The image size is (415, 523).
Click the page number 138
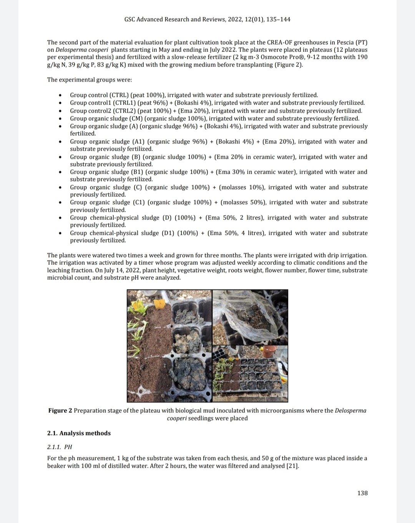(362, 493)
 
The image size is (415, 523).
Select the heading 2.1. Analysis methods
(79, 433)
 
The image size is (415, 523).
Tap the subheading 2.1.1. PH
(60, 447)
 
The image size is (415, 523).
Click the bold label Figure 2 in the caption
(60, 410)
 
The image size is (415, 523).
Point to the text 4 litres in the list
(253, 233)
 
